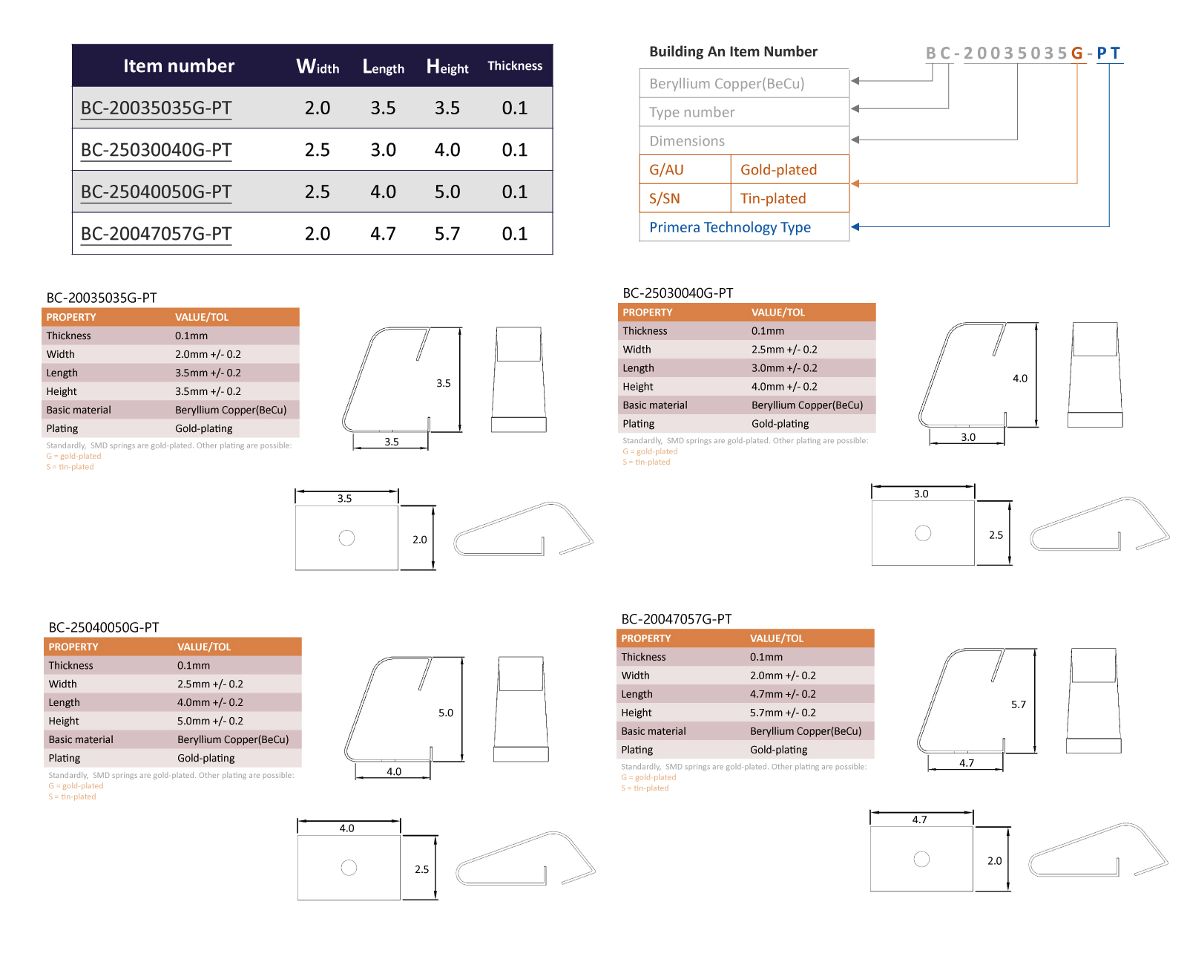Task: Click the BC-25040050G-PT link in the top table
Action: pos(156,192)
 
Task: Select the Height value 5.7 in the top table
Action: pos(447,233)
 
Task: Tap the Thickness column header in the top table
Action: pos(514,65)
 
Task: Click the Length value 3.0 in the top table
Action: pos(383,149)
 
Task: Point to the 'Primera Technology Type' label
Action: pos(729,227)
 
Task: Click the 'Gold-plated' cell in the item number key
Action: pos(778,169)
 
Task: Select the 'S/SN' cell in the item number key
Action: pos(664,198)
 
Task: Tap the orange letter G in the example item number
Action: pos(1076,53)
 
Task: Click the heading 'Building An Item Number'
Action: pos(733,51)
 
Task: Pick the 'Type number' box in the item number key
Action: pos(743,112)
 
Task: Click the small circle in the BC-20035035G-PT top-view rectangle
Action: pos(346,537)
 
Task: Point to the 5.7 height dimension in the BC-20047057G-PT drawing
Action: pos(1018,704)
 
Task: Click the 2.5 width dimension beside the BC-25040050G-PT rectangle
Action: pos(421,869)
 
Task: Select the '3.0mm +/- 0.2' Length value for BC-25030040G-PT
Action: pos(784,368)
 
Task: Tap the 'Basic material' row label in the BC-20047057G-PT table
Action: pos(653,731)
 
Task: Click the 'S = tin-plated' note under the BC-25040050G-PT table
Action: pos(72,796)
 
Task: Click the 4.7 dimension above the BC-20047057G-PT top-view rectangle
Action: pos(919,820)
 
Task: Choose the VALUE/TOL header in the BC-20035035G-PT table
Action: pos(202,317)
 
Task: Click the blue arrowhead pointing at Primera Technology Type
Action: pos(855,226)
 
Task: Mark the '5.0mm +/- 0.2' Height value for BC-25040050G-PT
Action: pos(210,721)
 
